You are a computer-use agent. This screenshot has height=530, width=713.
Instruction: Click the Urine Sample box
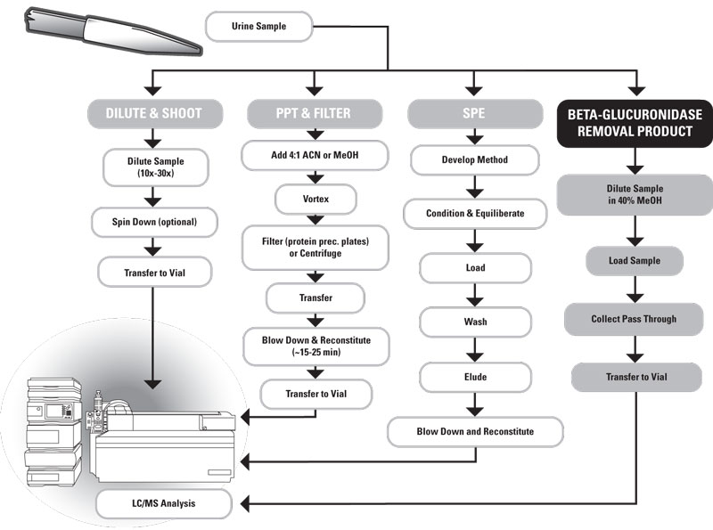coord(259,26)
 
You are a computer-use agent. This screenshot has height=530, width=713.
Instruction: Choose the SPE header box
coord(475,113)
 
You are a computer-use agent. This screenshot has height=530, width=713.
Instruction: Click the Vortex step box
coord(316,199)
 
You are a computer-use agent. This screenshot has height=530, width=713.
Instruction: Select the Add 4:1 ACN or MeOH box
coord(316,156)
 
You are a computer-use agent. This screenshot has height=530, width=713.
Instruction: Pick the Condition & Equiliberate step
coord(475,214)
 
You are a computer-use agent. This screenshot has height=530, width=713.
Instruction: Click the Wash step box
coord(475,322)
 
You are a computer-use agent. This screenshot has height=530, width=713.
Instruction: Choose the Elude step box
coord(475,376)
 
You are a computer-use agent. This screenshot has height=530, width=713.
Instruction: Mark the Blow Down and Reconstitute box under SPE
coord(475,432)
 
